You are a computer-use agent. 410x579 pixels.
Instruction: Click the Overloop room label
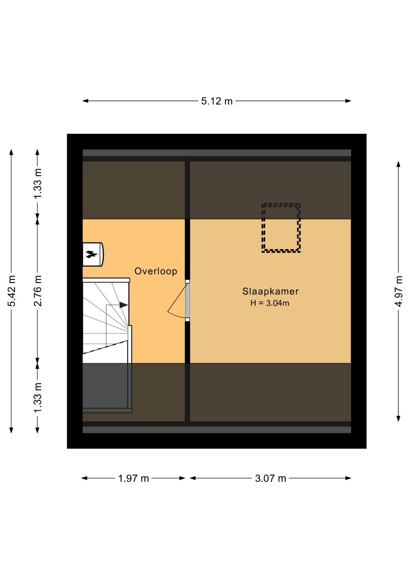pyautogui.click(x=156, y=271)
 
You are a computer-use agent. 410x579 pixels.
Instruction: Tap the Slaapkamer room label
pyautogui.click(x=270, y=291)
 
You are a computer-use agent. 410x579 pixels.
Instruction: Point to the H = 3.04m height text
pyautogui.click(x=270, y=303)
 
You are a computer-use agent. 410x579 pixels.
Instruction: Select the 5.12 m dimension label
pyautogui.click(x=217, y=101)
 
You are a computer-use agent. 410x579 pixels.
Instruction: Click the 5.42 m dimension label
pyautogui.click(x=11, y=291)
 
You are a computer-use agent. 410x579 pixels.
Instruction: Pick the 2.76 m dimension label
pyautogui.click(x=38, y=291)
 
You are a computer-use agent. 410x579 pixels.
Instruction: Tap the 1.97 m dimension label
pyautogui.click(x=133, y=478)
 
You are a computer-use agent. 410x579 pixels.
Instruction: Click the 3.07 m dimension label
pyautogui.click(x=271, y=478)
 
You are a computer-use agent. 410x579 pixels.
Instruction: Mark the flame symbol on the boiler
pyautogui.click(x=91, y=254)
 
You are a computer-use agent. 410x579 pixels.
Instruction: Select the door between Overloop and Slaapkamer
pyautogui.click(x=187, y=301)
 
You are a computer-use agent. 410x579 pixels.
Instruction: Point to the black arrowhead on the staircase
pyautogui.click(x=123, y=305)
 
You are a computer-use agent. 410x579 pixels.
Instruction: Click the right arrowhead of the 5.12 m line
pyautogui.click(x=348, y=101)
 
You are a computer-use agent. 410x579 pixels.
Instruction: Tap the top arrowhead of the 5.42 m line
pyautogui.click(x=11, y=152)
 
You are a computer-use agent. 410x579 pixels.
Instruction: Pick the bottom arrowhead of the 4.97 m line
pyautogui.click(x=399, y=419)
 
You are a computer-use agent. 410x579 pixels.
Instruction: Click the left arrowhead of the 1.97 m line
pyautogui.click(x=85, y=478)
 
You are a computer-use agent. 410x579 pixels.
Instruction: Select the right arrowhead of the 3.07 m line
pyautogui.click(x=348, y=478)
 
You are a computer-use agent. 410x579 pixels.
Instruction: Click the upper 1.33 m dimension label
pyautogui.click(x=38, y=184)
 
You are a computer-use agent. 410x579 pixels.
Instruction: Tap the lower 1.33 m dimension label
pyautogui.click(x=38, y=398)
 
